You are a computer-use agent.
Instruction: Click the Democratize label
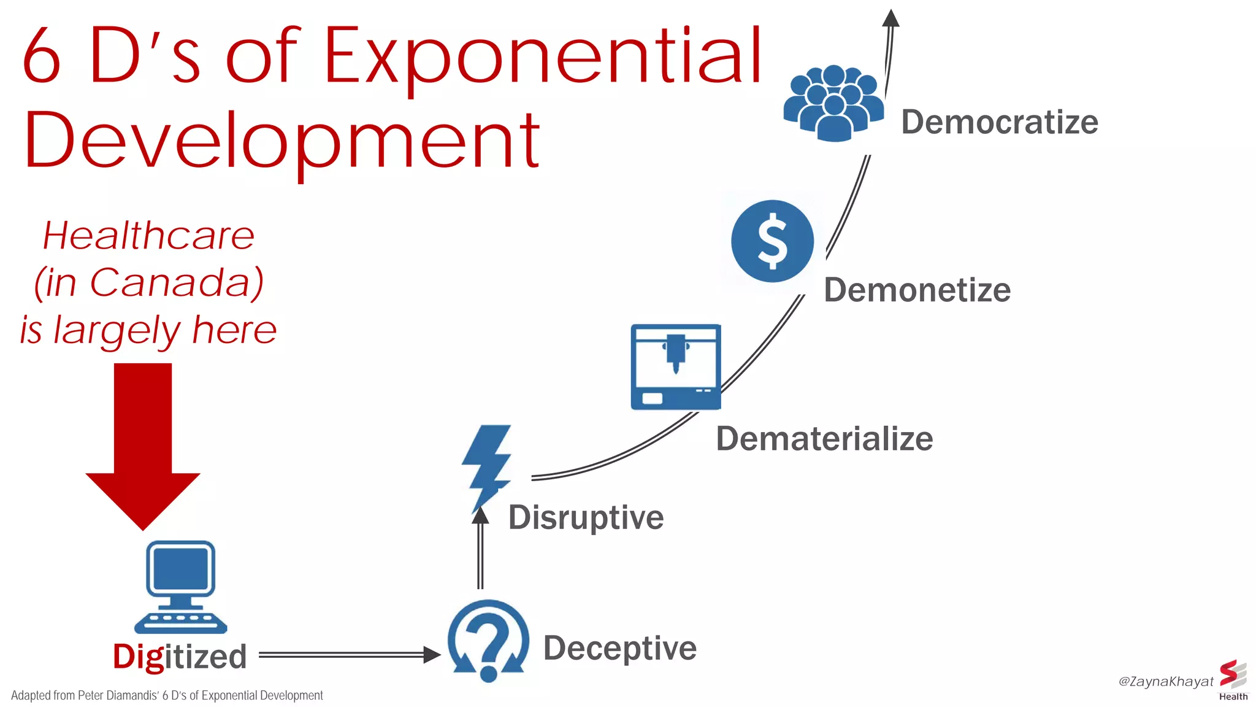[999, 122]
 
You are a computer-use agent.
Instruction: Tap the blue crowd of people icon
[833, 103]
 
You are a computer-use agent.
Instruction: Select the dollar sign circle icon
[772, 241]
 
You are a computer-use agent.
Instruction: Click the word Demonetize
[917, 290]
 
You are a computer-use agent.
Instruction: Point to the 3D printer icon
[676, 366]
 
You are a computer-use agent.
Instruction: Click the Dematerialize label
[824, 439]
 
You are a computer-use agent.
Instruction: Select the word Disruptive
[586, 517]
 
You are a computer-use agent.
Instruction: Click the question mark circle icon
[488, 641]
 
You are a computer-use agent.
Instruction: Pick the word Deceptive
[620, 648]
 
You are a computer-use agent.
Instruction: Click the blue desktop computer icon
[180, 586]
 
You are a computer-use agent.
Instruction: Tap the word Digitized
[180, 656]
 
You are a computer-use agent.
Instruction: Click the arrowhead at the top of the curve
[890, 18]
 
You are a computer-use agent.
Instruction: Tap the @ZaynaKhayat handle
[1165, 681]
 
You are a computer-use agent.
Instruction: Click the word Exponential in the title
[542, 58]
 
